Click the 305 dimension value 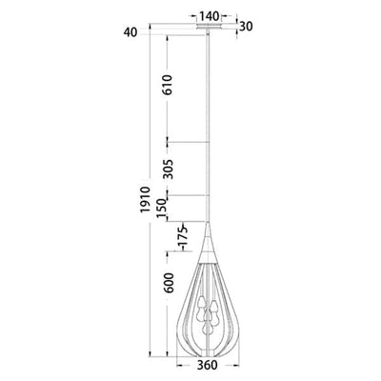[x=169, y=169]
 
